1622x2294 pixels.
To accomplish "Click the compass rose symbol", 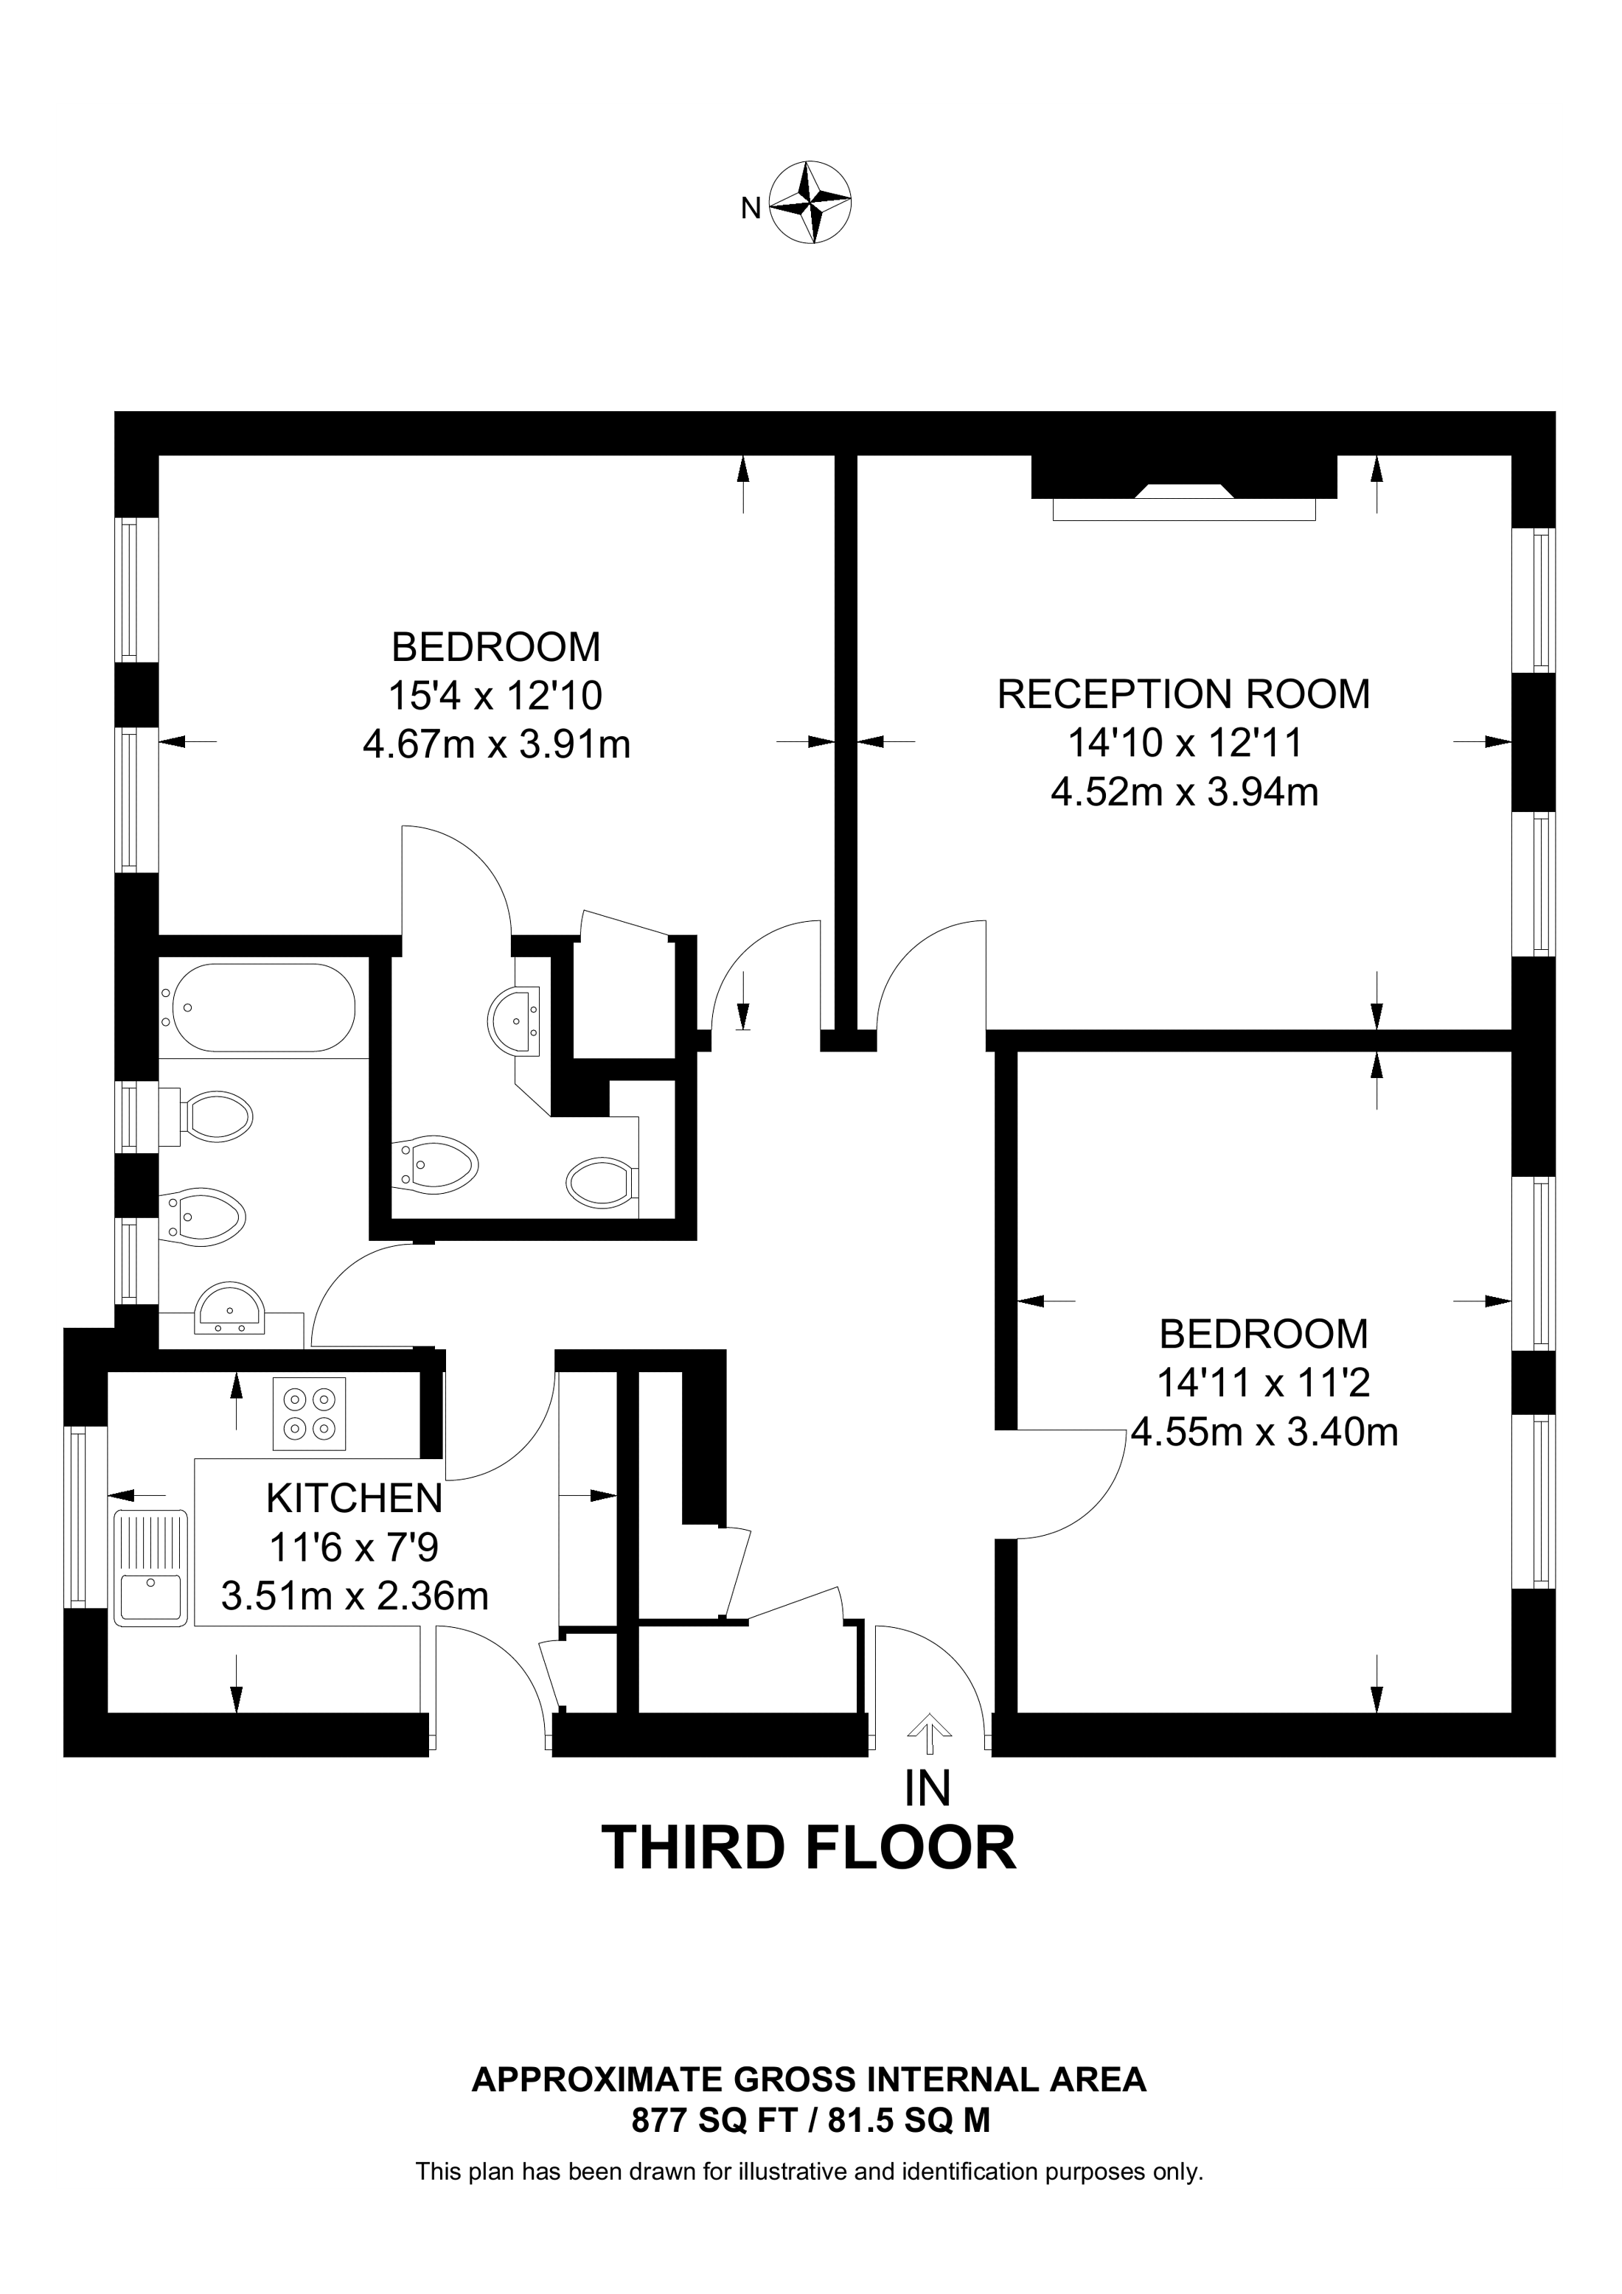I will [812, 201].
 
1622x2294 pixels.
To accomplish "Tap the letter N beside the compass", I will [751, 208].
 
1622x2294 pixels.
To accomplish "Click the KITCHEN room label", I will [354, 1499].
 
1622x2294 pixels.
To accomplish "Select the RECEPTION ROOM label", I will [1183, 694].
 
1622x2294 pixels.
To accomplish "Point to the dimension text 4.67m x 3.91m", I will [497, 744].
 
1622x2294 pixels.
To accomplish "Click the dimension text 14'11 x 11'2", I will [1263, 1384].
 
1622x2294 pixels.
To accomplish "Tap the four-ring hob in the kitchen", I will [309, 1414].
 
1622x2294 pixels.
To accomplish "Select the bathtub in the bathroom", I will [264, 1007].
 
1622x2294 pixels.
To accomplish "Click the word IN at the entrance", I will [927, 1789].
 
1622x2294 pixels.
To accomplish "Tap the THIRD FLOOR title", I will [809, 1848].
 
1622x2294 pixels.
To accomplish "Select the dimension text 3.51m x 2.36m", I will [355, 1595].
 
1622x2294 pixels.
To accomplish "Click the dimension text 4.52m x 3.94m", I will [1184, 792].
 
